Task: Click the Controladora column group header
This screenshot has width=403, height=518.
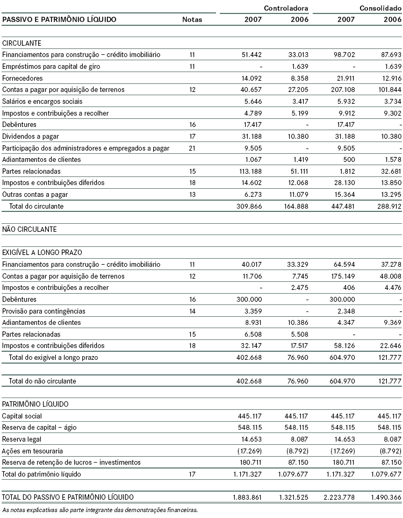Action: [x=286, y=9]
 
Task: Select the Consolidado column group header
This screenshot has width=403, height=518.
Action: [x=380, y=9]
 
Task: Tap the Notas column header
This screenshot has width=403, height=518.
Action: [x=192, y=20]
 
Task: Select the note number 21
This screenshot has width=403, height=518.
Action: [x=192, y=148]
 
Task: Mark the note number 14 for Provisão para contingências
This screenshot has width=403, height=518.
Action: [x=192, y=311]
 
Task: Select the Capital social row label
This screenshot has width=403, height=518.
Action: [x=22, y=416]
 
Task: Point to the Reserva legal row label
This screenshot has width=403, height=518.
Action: [x=22, y=439]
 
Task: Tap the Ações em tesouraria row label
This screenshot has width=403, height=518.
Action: [x=29, y=451]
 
